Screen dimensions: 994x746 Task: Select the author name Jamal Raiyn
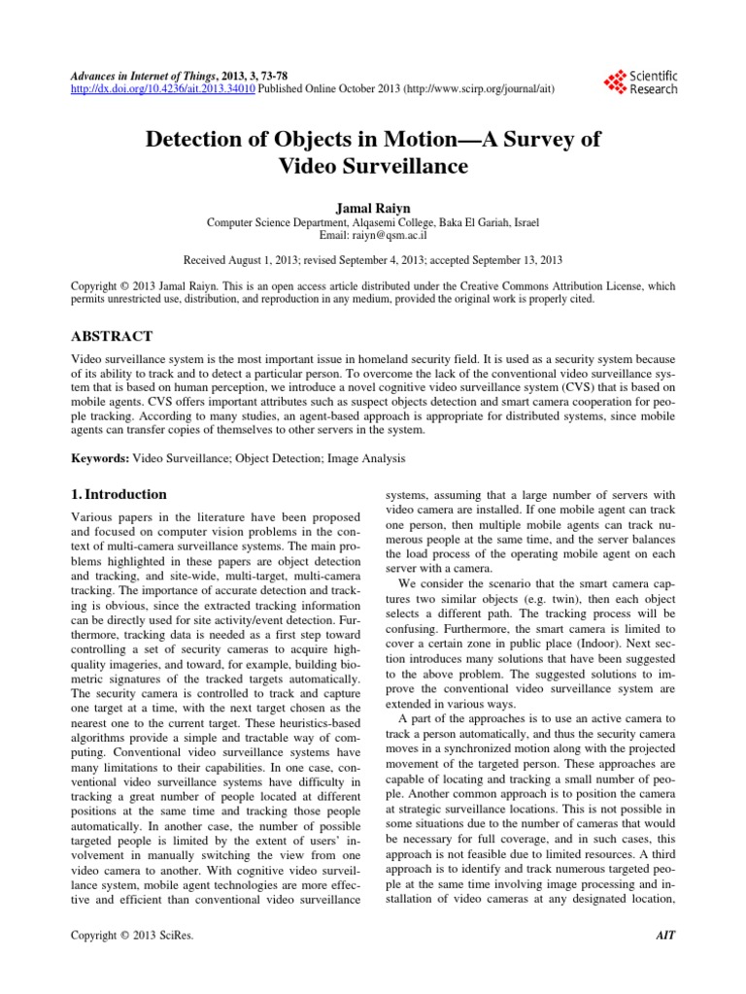[373, 208]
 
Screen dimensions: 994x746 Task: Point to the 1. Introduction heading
[121, 493]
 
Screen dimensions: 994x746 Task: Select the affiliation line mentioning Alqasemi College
[373, 222]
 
